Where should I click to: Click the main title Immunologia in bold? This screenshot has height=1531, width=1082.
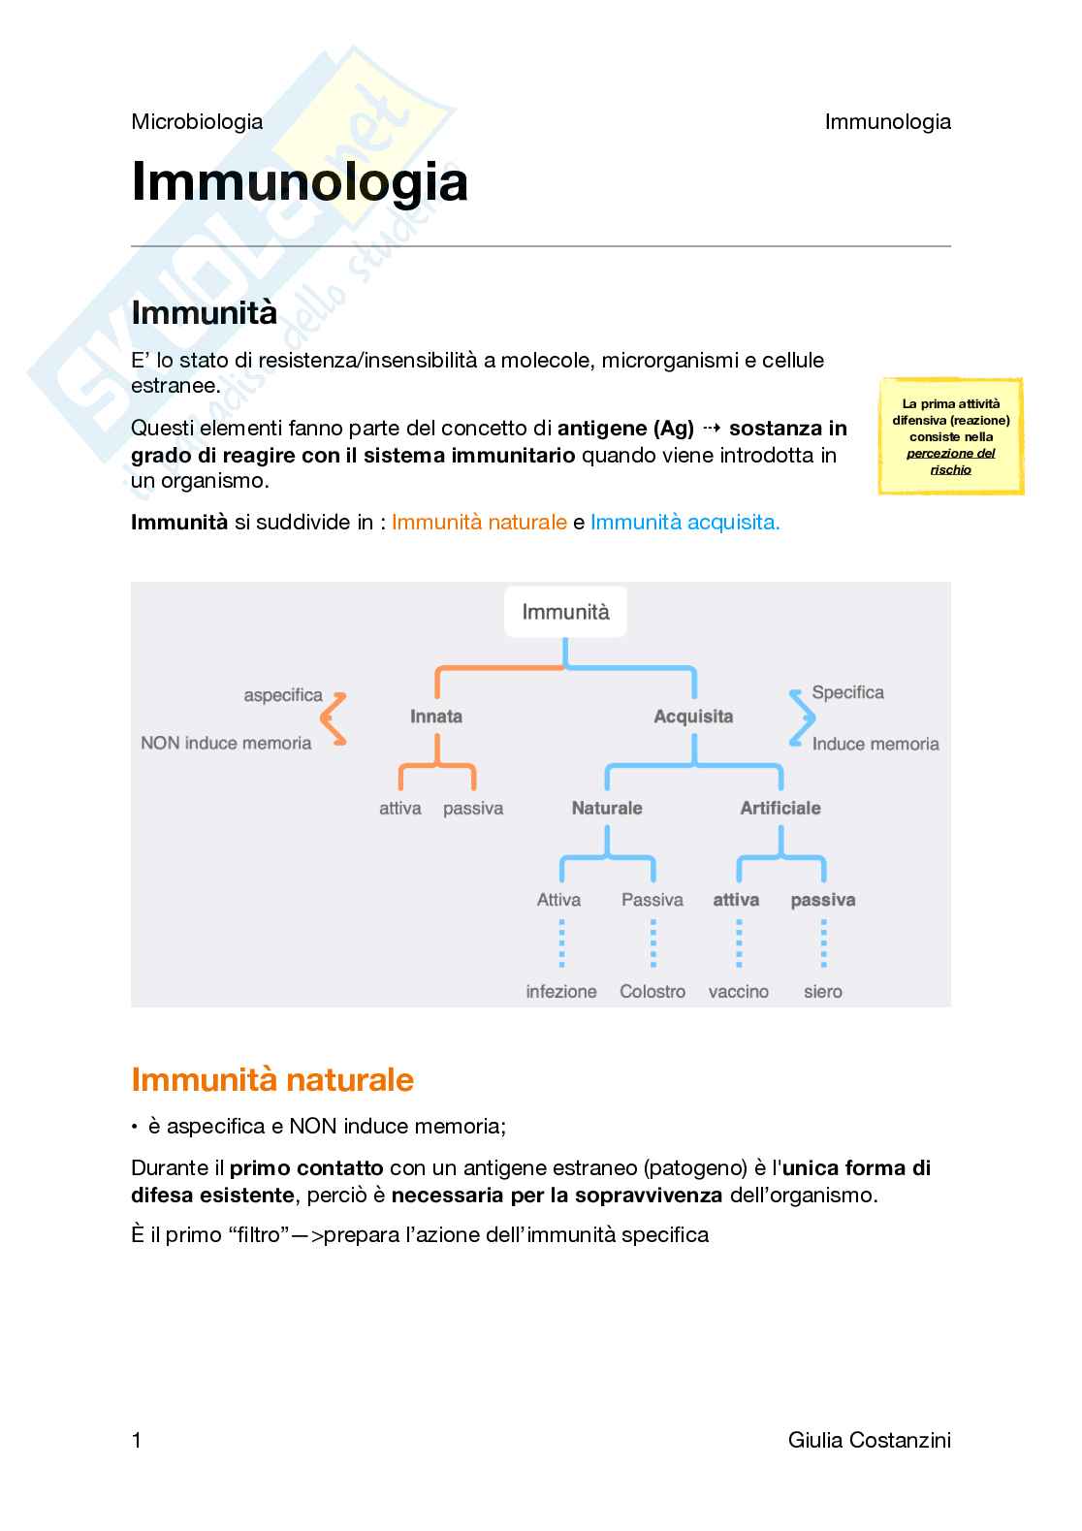click(300, 182)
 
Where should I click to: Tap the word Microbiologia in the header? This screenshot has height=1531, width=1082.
click(197, 121)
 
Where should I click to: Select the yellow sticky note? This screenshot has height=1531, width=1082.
click(950, 436)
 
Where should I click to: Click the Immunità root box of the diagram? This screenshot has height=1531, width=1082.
click(565, 612)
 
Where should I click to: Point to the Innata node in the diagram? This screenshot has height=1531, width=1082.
click(436, 717)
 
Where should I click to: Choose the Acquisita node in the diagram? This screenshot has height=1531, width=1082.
click(693, 717)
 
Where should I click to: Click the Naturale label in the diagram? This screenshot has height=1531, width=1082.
click(607, 808)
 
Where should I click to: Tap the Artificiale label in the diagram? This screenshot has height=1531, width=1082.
click(780, 808)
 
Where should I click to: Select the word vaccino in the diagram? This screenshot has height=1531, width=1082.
click(739, 991)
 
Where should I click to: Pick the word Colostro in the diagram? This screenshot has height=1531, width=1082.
click(652, 991)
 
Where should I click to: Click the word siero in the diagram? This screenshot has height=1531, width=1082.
click(822, 991)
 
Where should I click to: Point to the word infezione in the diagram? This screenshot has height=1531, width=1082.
click(561, 991)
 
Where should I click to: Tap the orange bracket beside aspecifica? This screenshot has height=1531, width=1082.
click(334, 718)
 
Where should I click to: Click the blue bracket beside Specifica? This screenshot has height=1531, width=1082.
click(802, 718)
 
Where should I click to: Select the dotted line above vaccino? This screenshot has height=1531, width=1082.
click(739, 944)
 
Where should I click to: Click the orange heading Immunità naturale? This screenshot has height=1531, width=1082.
click(272, 1079)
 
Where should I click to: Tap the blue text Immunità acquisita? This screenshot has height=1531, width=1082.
click(684, 522)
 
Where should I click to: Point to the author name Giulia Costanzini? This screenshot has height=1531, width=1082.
click(870, 1440)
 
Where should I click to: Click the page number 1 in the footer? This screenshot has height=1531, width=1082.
click(137, 1440)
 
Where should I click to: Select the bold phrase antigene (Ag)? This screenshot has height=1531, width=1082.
click(625, 428)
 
